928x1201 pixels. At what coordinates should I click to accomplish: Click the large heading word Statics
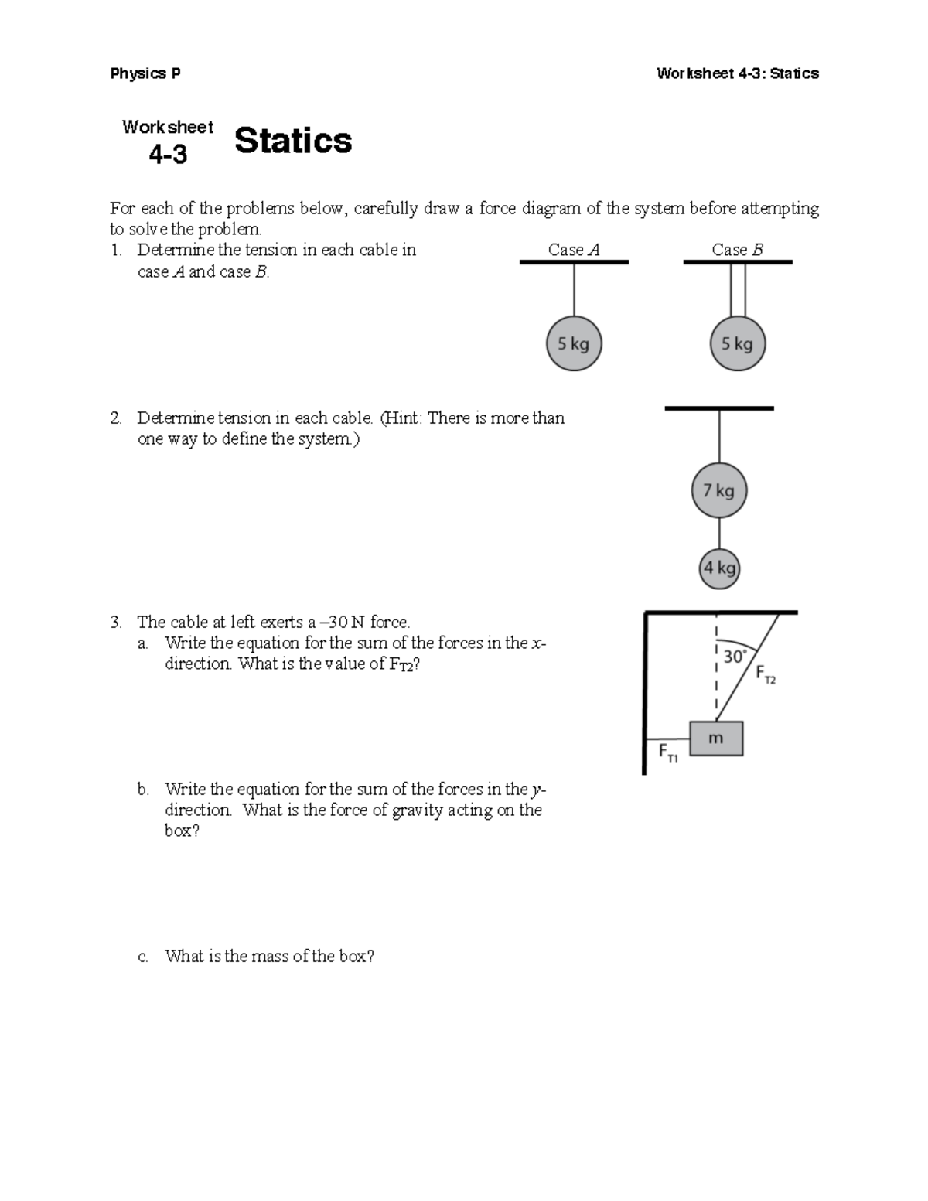(293, 141)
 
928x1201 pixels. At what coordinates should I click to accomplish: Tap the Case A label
(573, 250)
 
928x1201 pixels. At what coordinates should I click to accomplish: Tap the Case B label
(737, 250)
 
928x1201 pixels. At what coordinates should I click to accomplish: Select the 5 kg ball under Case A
(573, 344)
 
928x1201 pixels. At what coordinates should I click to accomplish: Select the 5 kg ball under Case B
(737, 344)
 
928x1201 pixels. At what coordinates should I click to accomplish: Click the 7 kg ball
(718, 490)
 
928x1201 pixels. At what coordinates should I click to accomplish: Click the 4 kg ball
(719, 568)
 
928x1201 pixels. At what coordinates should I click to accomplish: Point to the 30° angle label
(735, 657)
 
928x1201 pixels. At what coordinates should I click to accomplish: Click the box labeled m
(716, 739)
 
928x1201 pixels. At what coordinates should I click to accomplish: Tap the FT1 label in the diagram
(667, 752)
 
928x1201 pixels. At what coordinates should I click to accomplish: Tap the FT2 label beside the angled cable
(766, 674)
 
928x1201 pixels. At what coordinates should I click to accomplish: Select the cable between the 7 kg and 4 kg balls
(719, 533)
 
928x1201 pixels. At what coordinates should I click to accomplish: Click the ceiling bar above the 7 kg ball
(718, 408)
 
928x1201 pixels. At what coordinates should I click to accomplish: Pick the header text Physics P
(145, 73)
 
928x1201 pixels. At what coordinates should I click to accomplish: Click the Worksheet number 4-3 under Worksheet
(168, 155)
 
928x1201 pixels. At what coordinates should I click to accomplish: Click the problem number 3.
(115, 623)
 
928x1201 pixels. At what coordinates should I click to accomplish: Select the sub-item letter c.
(143, 957)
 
